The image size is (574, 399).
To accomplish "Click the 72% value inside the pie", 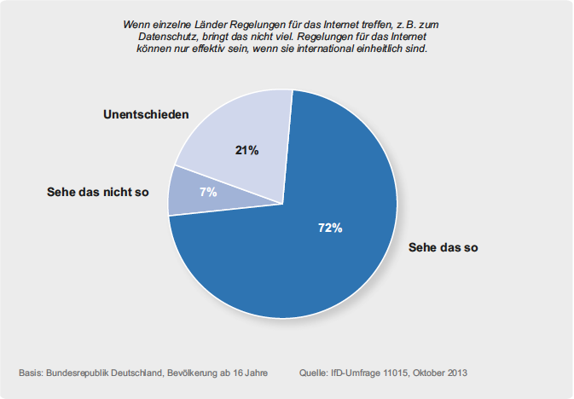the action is click(x=330, y=228).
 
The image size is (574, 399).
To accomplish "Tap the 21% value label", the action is click(x=246, y=150).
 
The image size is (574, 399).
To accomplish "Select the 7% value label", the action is click(x=208, y=192).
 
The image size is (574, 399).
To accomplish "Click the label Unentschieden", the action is click(x=146, y=114).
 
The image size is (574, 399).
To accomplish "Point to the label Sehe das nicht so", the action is click(x=98, y=192).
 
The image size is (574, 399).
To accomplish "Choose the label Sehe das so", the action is click(x=444, y=247).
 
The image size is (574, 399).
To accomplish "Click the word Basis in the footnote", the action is click(x=30, y=373).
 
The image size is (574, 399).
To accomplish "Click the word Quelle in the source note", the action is click(x=313, y=373).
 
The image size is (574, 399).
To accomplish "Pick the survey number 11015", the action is click(x=396, y=373).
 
